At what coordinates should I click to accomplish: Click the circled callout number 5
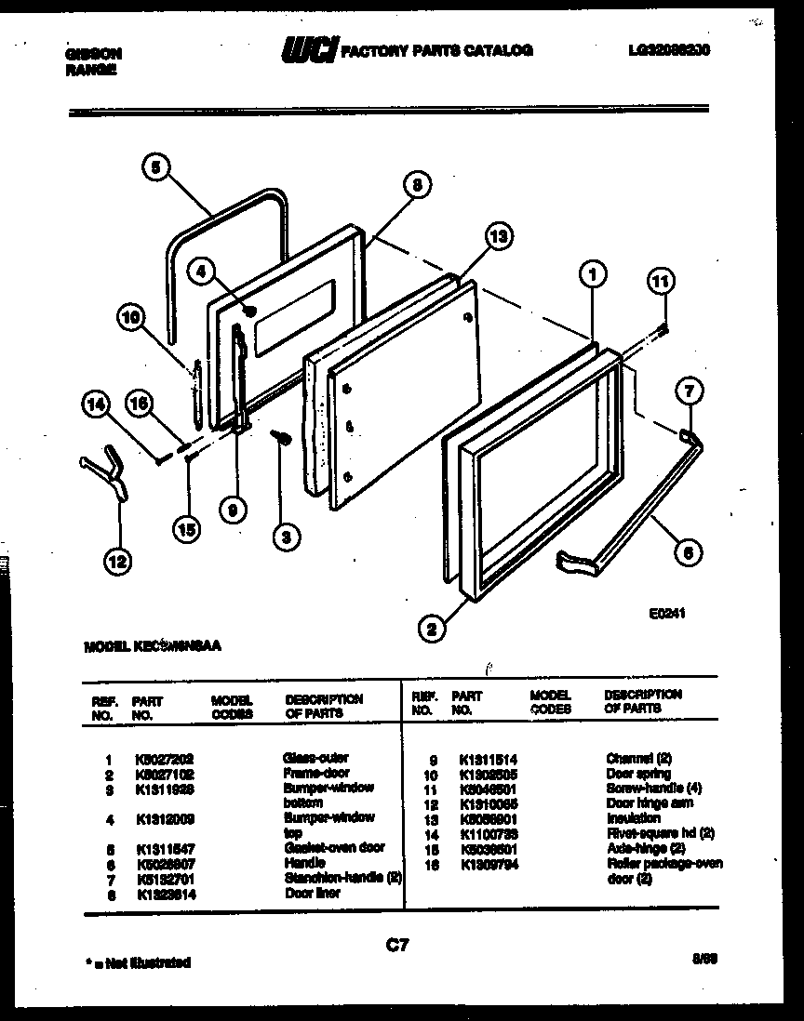pyautogui.click(x=156, y=167)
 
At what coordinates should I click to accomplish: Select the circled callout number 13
pyautogui.click(x=499, y=238)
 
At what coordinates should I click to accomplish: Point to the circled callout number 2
pyautogui.click(x=430, y=630)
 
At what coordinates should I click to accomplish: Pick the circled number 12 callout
pyautogui.click(x=116, y=560)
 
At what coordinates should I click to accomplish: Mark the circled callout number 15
pyautogui.click(x=187, y=529)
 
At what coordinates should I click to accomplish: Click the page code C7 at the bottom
pyautogui.click(x=397, y=946)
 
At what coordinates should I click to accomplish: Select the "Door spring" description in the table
pyautogui.click(x=638, y=774)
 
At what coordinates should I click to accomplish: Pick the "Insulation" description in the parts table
pyautogui.click(x=633, y=818)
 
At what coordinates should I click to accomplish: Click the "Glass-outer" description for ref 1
pyautogui.click(x=315, y=758)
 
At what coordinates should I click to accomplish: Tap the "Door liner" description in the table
pyautogui.click(x=312, y=893)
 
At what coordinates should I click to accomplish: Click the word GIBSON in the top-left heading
pyautogui.click(x=93, y=54)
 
